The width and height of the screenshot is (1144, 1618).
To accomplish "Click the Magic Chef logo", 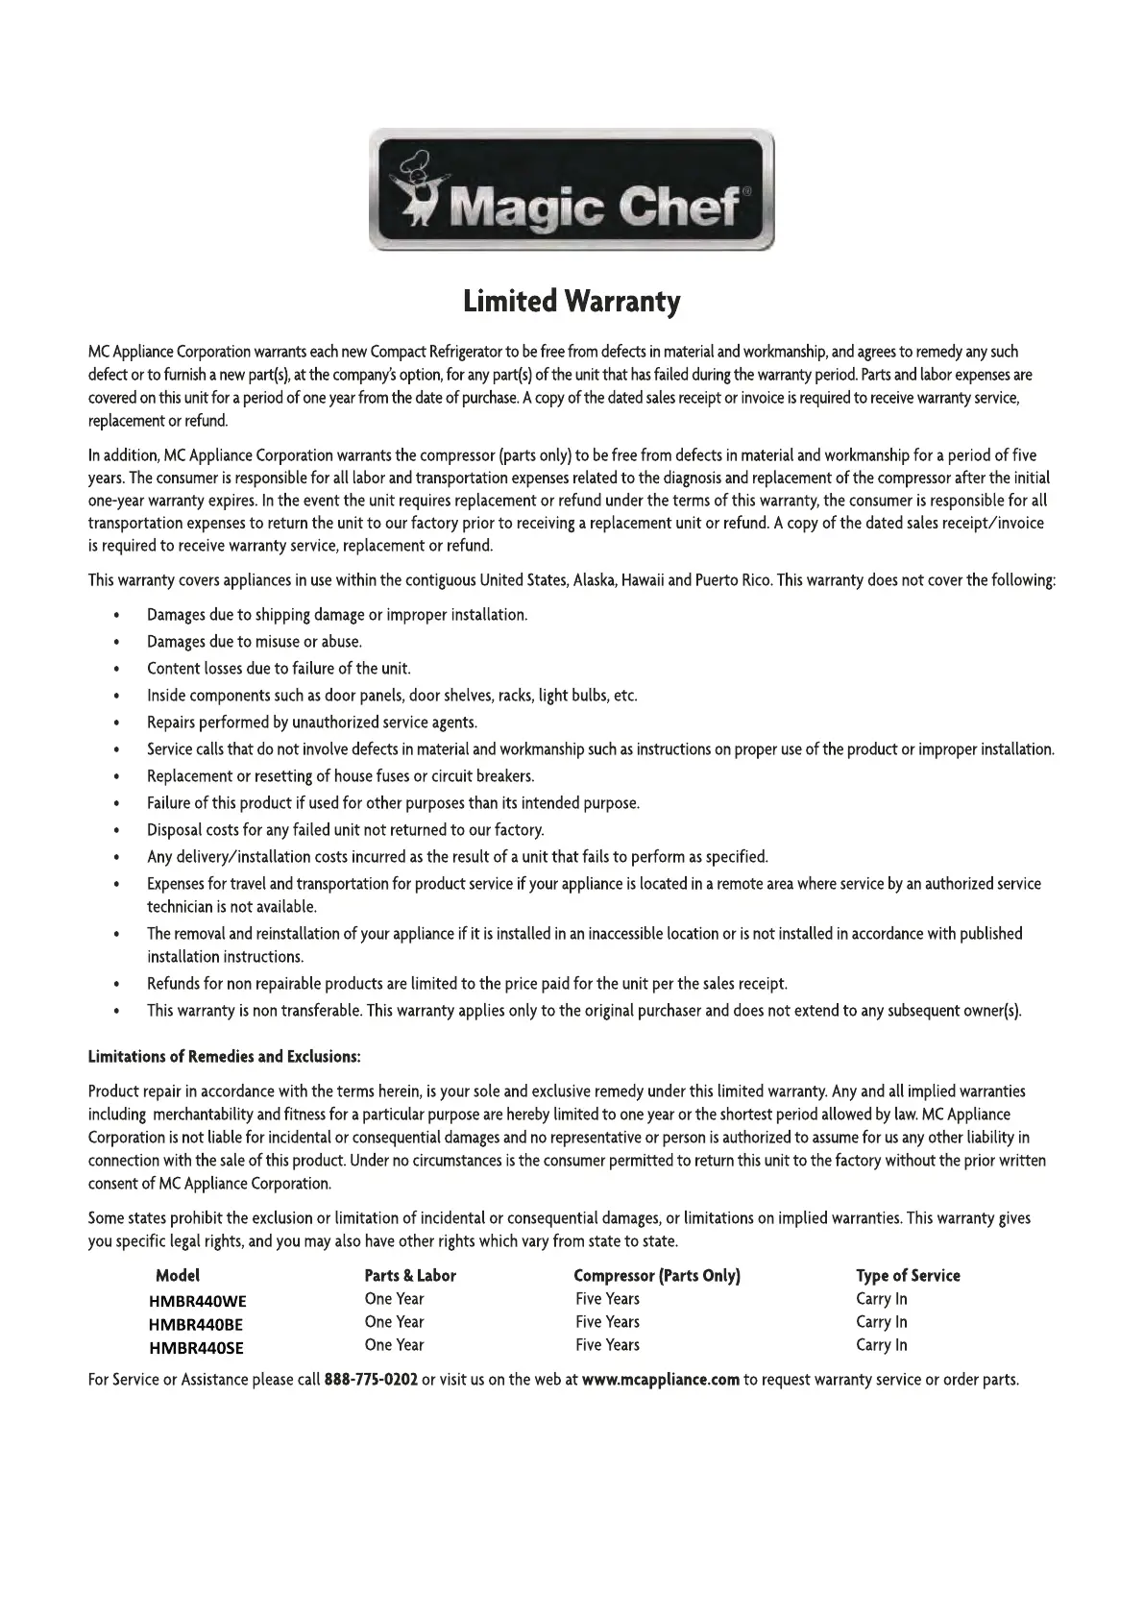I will tap(572, 189).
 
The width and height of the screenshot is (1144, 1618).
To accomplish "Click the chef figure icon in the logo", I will tap(421, 190).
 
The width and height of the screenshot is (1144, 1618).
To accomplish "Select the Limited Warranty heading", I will tap(572, 302).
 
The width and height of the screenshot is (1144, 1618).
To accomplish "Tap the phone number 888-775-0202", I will tap(371, 1380).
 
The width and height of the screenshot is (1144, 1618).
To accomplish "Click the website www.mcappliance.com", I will tap(661, 1380).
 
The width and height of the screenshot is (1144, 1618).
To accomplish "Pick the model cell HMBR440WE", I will tap(198, 1301).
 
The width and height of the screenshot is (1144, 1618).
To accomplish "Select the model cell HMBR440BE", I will tap(197, 1324).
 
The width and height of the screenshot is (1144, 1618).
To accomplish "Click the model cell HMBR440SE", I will tap(196, 1347).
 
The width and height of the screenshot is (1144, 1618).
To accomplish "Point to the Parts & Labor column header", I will tap(410, 1276).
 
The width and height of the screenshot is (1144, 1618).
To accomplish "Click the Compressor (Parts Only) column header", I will tap(657, 1276).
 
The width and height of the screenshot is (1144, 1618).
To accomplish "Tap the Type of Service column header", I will tap(908, 1276).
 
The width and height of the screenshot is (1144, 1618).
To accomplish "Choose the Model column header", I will tap(178, 1276).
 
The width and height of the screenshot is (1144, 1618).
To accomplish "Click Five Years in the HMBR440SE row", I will tap(607, 1345).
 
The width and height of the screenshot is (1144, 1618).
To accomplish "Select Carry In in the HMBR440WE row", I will tap(881, 1299).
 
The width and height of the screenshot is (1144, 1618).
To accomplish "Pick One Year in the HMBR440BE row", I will tap(394, 1322).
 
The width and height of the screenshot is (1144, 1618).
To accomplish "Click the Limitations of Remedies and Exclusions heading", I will tap(225, 1057).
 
